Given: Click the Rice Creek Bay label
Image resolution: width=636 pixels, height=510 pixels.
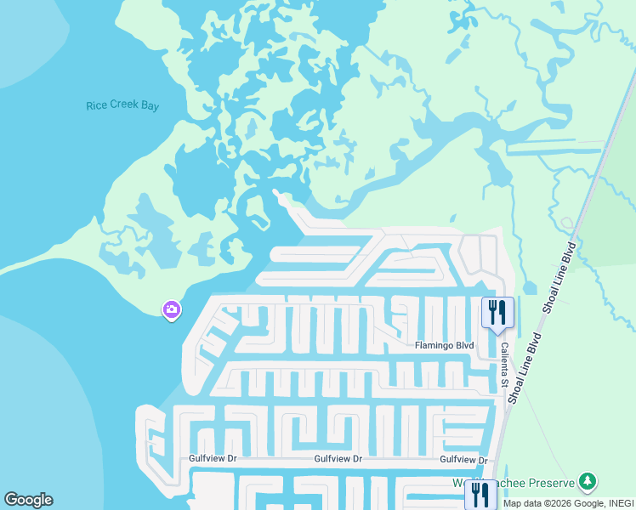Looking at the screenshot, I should [122, 106].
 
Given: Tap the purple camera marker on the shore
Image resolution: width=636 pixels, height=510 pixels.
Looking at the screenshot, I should [172, 310].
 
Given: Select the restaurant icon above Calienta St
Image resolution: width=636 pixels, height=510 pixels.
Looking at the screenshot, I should [497, 312].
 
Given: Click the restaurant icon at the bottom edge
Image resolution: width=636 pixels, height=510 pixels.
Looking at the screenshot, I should [480, 496].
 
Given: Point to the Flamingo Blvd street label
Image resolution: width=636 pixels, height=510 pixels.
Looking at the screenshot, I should [444, 346].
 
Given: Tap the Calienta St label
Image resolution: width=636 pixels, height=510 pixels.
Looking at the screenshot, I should [503, 366].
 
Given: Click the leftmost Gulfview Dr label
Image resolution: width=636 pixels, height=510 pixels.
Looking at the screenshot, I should [213, 459].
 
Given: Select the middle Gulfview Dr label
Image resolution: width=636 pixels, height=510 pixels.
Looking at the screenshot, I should [338, 459].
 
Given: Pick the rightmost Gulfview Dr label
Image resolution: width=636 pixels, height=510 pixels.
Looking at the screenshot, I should [463, 460].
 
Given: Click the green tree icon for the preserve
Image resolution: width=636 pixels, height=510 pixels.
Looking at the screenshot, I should [587, 482].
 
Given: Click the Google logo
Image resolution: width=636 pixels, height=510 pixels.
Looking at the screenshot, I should [28, 500].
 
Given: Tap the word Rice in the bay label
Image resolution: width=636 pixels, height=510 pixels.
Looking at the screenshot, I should [96, 106].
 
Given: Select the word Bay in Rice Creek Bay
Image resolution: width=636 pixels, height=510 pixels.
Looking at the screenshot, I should [150, 106].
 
